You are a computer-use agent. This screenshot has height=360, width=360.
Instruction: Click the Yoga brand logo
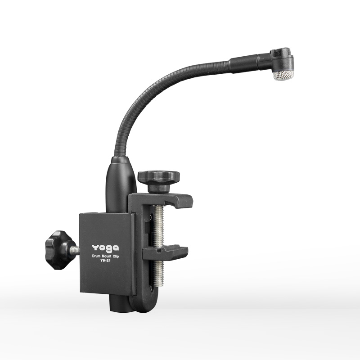[x=105, y=248]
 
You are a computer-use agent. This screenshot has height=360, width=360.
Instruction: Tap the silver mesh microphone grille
[x=283, y=75]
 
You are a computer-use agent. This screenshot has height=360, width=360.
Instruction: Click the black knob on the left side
[x=58, y=250]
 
